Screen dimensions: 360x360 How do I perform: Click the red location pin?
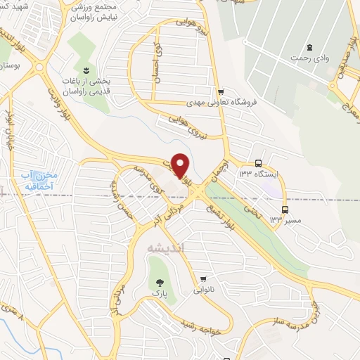(x=181, y=165)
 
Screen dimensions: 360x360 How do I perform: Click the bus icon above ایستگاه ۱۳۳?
(x=259, y=162)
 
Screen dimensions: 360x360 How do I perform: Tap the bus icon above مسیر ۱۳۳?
(x=285, y=209)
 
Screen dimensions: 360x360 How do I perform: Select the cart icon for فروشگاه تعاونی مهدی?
(x=221, y=91)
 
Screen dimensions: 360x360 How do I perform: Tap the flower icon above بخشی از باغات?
(x=86, y=70)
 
